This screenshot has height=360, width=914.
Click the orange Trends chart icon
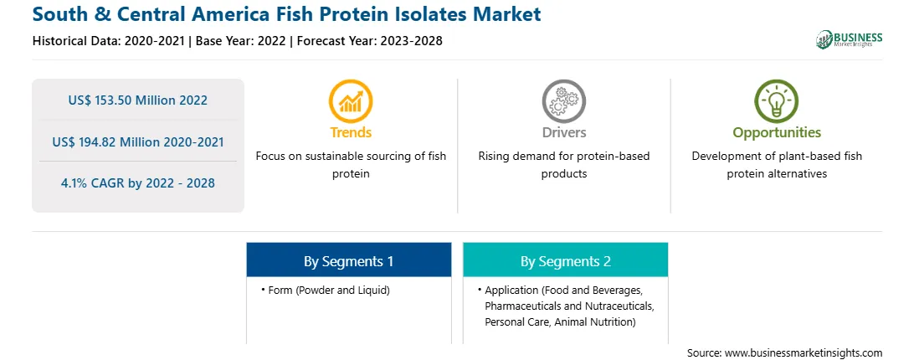click(351, 101)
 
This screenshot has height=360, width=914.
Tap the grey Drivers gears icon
click(563, 101)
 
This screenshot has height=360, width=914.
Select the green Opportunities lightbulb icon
click(777, 101)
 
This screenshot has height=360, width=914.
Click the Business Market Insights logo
click(849, 39)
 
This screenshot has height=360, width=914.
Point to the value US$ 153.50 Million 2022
click(137, 100)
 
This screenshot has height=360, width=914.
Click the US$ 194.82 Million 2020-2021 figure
click(137, 141)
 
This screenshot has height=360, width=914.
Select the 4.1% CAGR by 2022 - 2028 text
click(137, 183)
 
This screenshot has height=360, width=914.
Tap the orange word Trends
click(351, 132)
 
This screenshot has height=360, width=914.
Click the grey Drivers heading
click(563, 132)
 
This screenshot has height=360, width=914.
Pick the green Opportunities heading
click(777, 132)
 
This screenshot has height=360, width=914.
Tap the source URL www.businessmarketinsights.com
click(804, 352)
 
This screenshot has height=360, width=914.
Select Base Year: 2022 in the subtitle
click(241, 41)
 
